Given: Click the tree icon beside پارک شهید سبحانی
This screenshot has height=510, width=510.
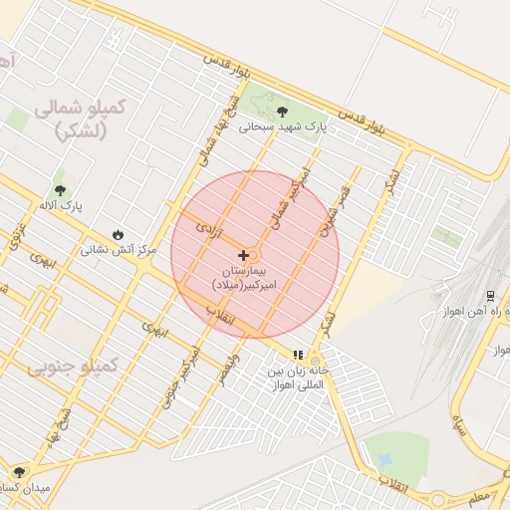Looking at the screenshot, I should (x=282, y=111).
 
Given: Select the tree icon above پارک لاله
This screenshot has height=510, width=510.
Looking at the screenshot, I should (x=61, y=188).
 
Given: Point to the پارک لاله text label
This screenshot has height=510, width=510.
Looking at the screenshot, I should (x=63, y=205).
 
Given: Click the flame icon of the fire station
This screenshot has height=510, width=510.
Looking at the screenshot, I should (x=119, y=234).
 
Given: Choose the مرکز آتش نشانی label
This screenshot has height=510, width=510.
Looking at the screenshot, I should (x=120, y=251).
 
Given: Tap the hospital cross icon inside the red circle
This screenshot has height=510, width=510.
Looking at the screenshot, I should (x=243, y=256).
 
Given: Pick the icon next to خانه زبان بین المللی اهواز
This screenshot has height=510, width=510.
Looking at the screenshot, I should (x=297, y=355).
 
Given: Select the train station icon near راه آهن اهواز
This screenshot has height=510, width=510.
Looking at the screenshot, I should (x=490, y=297).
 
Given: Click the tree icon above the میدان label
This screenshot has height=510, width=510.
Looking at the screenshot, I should (x=19, y=471).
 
